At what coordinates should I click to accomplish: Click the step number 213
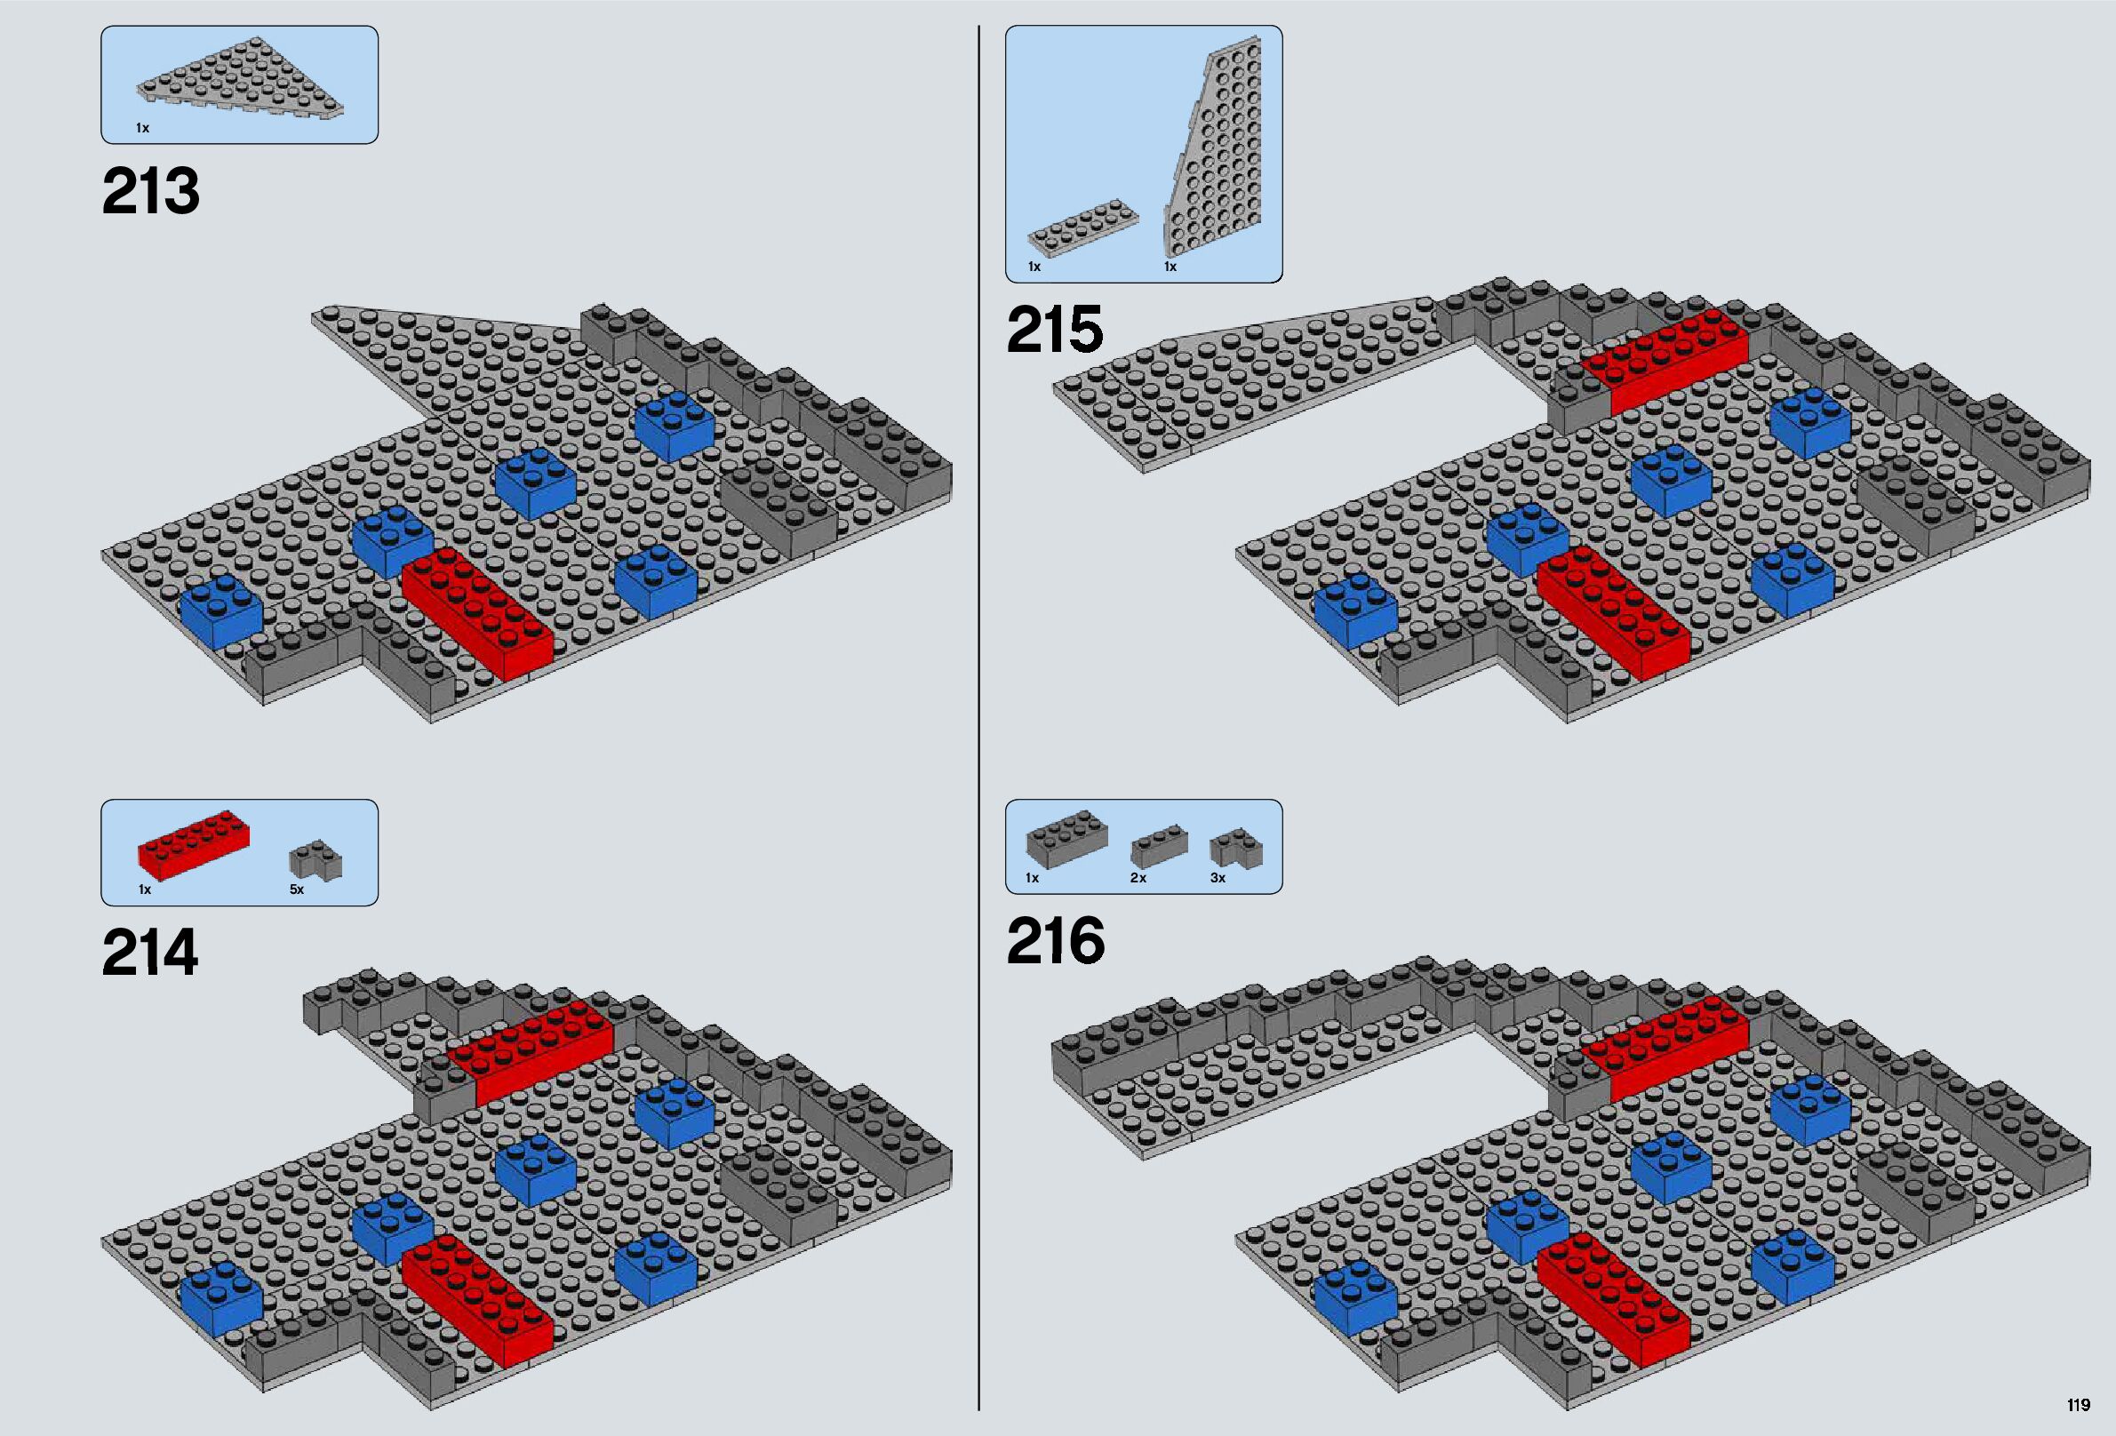(151, 191)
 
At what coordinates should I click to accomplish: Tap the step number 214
(150, 953)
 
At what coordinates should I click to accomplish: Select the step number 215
(1054, 330)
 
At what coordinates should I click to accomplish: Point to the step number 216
(1055, 942)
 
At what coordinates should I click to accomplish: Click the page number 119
(2078, 1405)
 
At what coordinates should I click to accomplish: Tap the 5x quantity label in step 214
(297, 890)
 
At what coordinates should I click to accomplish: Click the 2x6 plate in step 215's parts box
(1074, 228)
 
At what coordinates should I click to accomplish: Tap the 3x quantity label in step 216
(1218, 878)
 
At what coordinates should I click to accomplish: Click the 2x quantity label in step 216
(1138, 878)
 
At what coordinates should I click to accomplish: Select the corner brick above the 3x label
(1235, 846)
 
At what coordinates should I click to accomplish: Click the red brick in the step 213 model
(477, 612)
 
